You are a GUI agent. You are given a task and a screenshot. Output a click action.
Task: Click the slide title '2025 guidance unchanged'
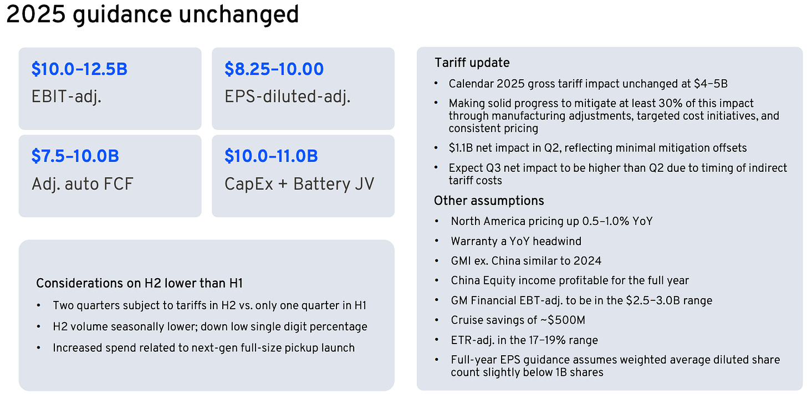(152, 15)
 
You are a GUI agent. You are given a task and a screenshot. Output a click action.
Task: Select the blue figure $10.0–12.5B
(79, 69)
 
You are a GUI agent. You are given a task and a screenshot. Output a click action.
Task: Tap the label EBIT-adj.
(67, 97)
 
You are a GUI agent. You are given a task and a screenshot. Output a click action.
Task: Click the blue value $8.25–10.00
(274, 69)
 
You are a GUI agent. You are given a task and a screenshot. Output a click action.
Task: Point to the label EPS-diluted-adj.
(287, 97)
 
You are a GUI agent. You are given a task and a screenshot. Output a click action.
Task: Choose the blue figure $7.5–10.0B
(75, 156)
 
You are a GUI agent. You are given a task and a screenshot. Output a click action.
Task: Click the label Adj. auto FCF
(83, 184)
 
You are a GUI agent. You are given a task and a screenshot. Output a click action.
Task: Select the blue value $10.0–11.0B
(271, 156)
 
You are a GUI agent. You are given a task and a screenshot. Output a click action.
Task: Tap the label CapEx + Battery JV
(299, 184)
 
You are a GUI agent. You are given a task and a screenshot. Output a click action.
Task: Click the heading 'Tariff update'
(472, 63)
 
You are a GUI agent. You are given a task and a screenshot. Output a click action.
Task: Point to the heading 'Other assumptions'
(489, 201)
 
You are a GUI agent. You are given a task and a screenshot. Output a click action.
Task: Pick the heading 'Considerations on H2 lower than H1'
(139, 283)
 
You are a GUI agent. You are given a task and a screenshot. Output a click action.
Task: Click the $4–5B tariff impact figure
(712, 84)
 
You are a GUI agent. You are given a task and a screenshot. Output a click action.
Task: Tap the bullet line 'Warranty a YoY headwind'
(516, 241)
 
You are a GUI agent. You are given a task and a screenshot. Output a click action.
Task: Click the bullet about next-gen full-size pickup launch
(203, 348)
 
